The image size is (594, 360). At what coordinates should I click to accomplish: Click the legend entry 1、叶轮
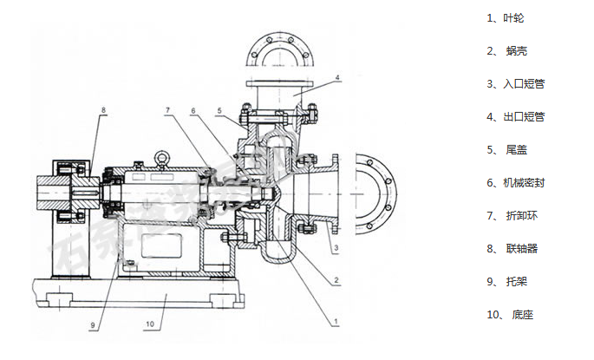coord(507,17)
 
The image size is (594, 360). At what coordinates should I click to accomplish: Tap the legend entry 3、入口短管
coord(516,83)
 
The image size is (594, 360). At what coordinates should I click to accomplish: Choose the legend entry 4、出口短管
coord(516,116)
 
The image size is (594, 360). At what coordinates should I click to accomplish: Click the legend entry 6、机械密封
coord(516,182)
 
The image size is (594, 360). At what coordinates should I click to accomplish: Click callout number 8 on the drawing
coord(103,110)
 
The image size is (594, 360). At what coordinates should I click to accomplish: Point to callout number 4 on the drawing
coord(336,78)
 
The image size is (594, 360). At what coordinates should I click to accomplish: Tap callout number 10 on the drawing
coord(148,324)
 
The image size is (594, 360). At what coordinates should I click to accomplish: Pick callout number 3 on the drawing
coord(333,247)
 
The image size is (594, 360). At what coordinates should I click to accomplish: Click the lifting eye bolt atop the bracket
coord(161,158)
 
